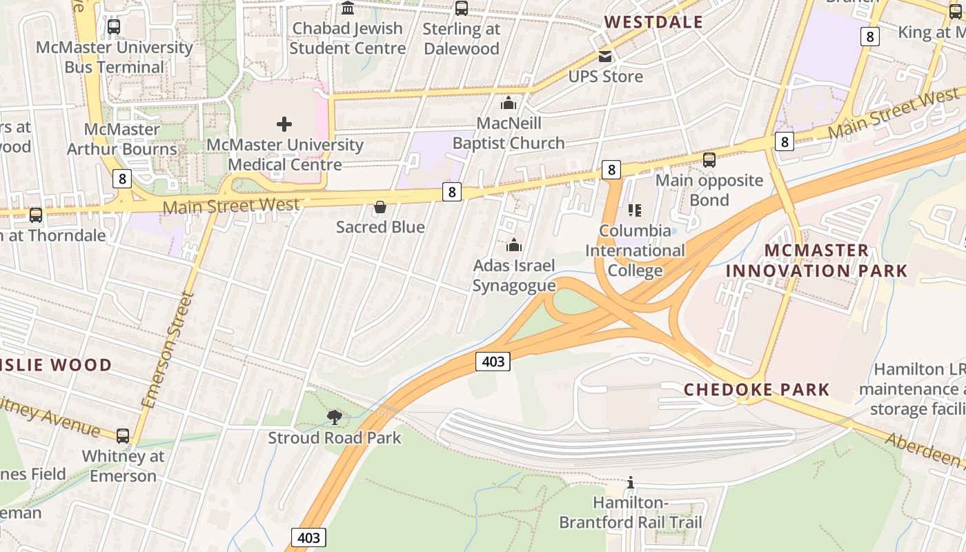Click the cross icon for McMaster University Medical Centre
pos(284,124)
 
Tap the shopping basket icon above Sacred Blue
pos(379,207)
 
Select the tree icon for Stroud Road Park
pos(335,417)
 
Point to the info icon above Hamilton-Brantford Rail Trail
pos(630,482)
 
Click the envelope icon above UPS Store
pos(605,56)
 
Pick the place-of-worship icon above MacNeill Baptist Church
pos(509,103)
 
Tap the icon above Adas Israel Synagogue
pos(513,245)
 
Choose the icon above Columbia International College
pos(635,210)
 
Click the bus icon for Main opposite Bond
pos(709,160)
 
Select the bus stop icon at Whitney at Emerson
pos(123,436)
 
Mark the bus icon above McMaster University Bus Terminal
pos(114,27)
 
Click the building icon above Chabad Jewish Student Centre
pos(348,8)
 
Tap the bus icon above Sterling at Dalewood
pos(461,8)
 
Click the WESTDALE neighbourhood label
pos(653,22)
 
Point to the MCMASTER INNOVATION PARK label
pos(816,260)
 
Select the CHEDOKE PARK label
pos(756,389)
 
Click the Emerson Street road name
pos(168,350)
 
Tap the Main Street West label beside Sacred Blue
pos(231,205)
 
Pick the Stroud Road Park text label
pos(335,437)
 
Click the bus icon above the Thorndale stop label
pos(36,215)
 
